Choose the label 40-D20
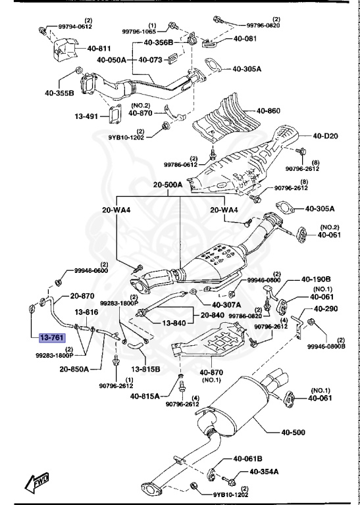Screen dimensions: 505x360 (x=325, y=136)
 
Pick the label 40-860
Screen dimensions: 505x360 (x=268, y=110)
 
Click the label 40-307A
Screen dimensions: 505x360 (x=226, y=305)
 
